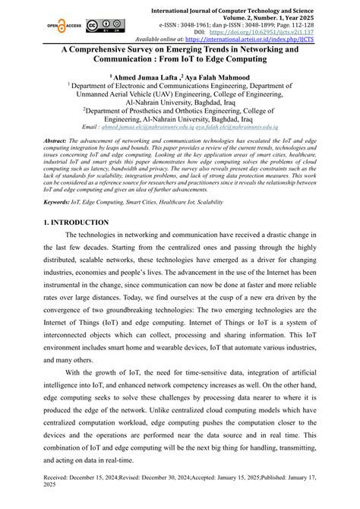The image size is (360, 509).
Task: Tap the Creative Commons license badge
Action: pyautogui.click(x=101, y=24)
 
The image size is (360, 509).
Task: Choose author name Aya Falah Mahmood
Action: pyautogui.click(x=220, y=77)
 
